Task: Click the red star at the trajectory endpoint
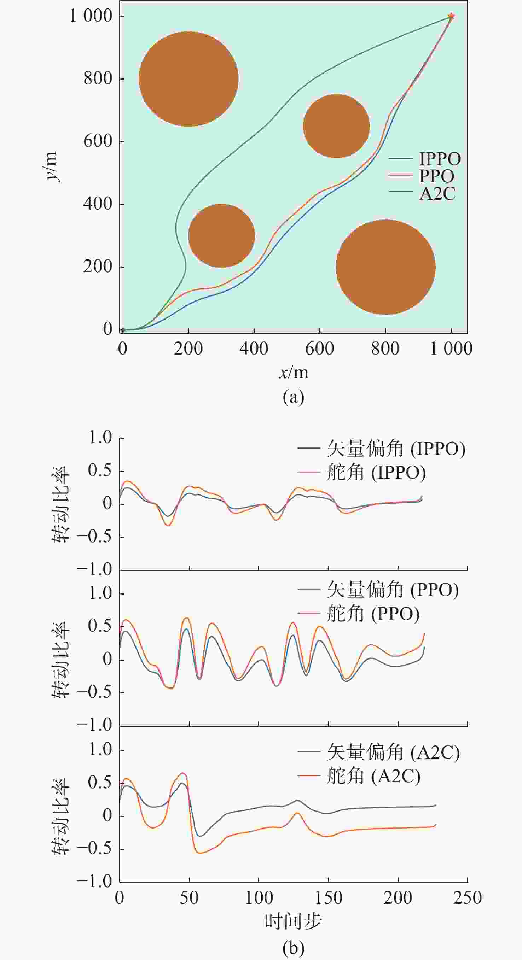coord(451,16)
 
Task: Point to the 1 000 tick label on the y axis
coord(91,16)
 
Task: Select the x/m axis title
coord(294,372)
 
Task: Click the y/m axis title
coord(51,166)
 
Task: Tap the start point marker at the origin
coord(123,330)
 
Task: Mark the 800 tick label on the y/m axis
coord(98,78)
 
